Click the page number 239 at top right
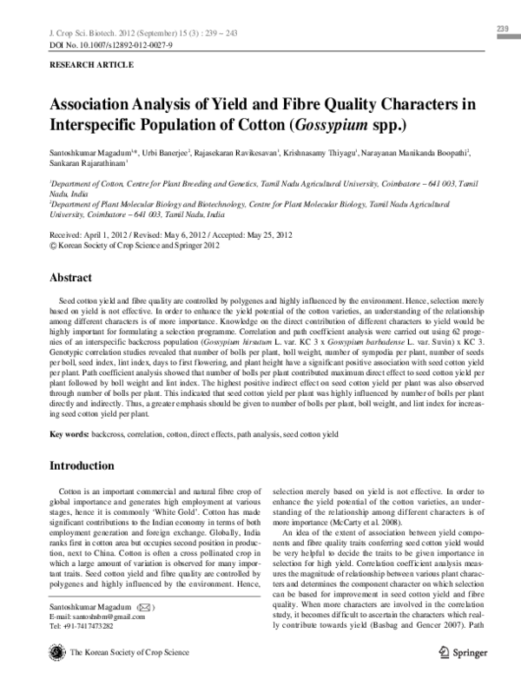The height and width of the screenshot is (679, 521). (x=501, y=30)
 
